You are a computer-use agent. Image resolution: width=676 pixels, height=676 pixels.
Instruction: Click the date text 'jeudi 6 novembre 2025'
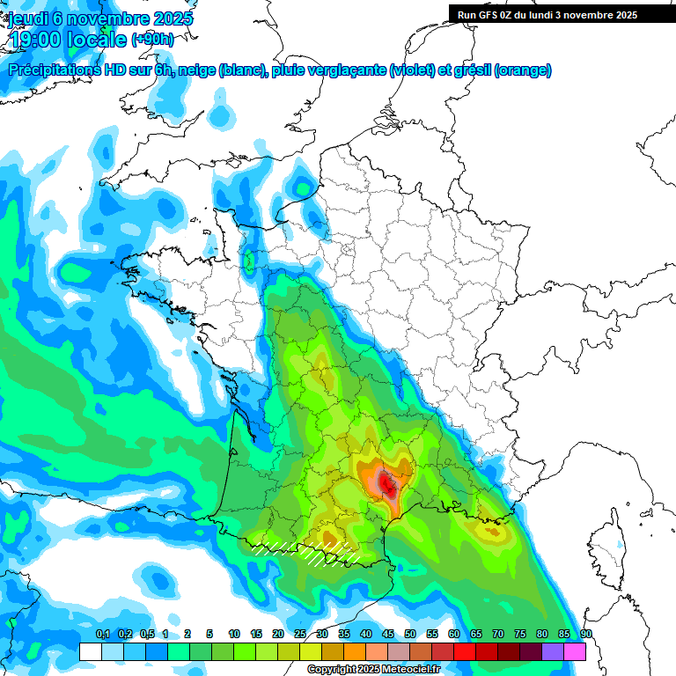pos(100,18)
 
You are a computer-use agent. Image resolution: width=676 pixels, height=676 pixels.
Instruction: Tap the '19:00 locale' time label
pos(66,40)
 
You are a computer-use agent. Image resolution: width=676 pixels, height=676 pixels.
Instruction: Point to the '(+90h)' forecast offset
pos(152,40)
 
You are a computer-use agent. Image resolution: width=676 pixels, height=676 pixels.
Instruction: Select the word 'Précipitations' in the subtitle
pos(53,70)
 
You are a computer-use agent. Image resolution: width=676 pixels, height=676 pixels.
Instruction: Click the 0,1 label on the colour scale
pos(102,635)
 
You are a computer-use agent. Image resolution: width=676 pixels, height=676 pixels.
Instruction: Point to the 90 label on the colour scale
pos(586,635)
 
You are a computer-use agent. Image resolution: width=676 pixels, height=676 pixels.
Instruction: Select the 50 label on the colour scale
pos(410,635)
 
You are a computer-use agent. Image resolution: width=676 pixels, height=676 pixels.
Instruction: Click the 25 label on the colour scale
pos(300,635)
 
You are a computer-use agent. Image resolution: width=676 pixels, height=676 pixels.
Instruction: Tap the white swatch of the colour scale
pos(91,652)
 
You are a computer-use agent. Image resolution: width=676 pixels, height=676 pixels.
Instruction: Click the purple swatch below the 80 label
pos(553,652)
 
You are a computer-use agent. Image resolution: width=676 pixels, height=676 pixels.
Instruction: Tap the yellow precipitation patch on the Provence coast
pos(489,530)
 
